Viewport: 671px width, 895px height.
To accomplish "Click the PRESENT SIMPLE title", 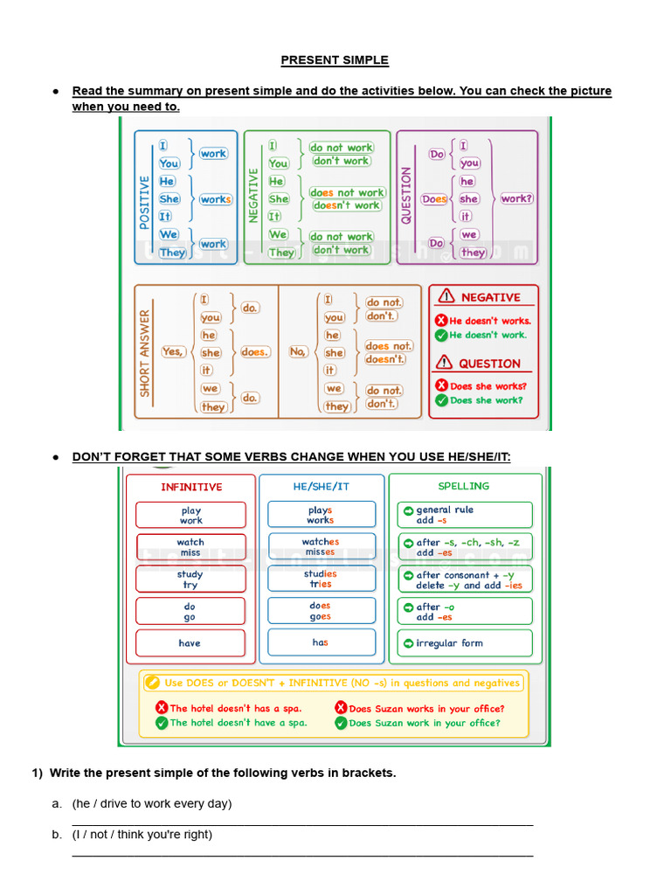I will (x=335, y=60).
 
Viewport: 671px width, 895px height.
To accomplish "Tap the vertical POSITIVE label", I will (x=145, y=199).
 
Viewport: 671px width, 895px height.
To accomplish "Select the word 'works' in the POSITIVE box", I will (x=216, y=199).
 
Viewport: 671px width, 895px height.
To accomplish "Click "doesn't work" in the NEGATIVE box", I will (x=347, y=205).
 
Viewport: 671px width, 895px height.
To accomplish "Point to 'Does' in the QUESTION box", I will (x=434, y=199).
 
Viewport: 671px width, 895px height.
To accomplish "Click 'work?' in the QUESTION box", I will (x=516, y=198).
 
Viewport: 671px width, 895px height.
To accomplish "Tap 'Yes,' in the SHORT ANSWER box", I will (x=173, y=351).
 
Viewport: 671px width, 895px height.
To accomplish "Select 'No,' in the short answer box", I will (x=298, y=351).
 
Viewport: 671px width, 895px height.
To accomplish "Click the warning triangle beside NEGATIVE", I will (x=446, y=296).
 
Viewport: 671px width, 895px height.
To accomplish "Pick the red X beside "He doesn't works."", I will (x=441, y=321).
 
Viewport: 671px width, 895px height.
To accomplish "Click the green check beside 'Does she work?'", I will (x=441, y=400).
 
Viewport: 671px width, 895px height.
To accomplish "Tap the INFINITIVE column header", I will (x=191, y=487).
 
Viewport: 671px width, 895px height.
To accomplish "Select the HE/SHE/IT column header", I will (x=321, y=487).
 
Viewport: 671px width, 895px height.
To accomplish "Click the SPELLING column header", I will (x=463, y=486).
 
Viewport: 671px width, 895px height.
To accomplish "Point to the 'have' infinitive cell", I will (x=190, y=643).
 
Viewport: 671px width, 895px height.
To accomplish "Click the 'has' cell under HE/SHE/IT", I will (x=321, y=642).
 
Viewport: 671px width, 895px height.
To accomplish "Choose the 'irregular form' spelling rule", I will (x=464, y=643).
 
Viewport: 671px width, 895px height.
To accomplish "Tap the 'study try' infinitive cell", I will (x=190, y=579).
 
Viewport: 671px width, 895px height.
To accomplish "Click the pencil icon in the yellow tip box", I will (x=153, y=683).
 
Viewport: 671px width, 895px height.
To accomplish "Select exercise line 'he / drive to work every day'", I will (x=152, y=803).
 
